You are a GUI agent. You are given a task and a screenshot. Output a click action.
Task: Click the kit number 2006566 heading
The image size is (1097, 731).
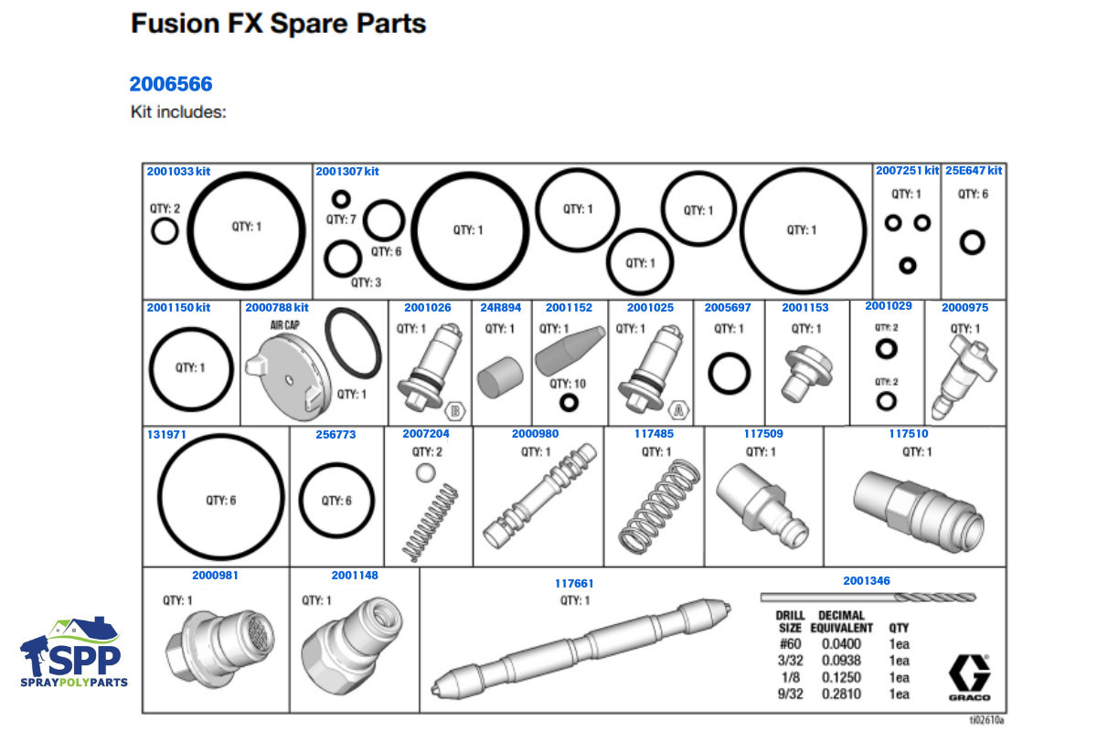click(x=171, y=84)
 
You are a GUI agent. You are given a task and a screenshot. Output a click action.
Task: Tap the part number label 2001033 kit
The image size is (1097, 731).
click(x=178, y=171)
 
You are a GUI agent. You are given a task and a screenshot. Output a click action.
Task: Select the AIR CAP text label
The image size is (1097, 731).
click(x=284, y=324)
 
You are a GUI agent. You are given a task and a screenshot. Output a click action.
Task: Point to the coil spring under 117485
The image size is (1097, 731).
click(x=657, y=506)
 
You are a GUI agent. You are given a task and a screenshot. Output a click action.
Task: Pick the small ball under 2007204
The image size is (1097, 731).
click(x=424, y=472)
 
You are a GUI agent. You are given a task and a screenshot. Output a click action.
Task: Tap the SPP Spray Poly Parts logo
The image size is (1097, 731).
click(x=74, y=652)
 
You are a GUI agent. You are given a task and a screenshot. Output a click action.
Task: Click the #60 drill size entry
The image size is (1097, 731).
click(x=790, y=645)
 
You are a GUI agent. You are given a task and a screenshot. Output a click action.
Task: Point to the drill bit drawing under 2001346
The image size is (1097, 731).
click(x=868, y=598)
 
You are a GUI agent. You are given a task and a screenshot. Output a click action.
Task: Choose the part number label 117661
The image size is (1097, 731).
click(x=574, y=583)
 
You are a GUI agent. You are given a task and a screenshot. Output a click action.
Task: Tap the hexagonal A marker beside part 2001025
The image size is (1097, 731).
click(x=677, y=408)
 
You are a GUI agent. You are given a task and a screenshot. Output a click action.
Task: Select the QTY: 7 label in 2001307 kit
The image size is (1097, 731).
click(x=341, y=219)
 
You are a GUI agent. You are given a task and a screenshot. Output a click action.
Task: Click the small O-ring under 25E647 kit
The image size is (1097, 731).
click(x=972, y=242)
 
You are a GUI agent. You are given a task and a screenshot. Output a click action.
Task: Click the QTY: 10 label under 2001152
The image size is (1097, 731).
click(x=568, y=384)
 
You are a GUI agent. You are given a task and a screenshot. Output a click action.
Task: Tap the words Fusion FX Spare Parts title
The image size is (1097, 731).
click(x=279, y=24)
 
